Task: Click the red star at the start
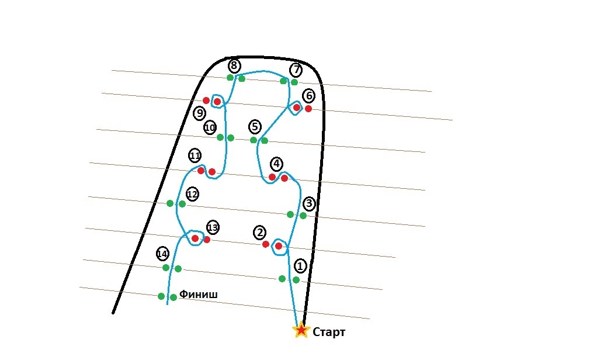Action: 301,330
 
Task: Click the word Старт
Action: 329,333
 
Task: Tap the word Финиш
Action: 199,294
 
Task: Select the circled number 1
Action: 300,266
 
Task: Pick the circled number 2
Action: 259,233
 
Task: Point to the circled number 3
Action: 309,204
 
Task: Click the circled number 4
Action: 276,163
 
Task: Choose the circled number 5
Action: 254,126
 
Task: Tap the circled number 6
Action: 308,95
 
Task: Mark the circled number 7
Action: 296,70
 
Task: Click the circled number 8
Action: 234,65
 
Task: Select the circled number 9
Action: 200,113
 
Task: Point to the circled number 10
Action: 210,127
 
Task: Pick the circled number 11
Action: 195,156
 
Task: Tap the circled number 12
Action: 192,194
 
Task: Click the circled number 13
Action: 213,227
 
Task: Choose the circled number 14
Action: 162,254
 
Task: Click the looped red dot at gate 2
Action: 279,246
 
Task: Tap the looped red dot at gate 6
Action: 297,108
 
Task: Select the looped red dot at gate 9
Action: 217,102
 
